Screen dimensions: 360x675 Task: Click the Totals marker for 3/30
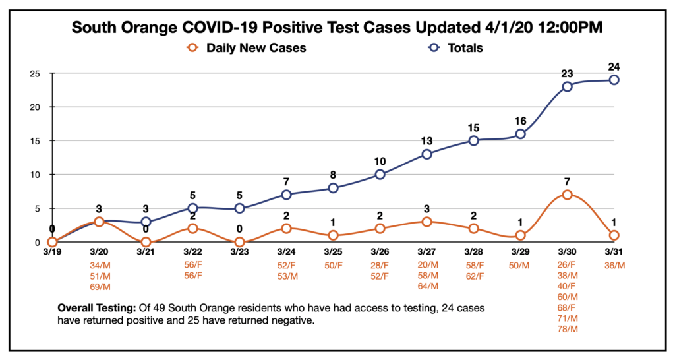(567, 86)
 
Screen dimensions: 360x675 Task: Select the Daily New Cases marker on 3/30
(567, 195)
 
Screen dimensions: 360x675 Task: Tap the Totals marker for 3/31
(614, 80)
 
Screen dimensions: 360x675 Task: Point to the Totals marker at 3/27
(426, 154)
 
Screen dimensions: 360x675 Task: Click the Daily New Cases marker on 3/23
(239, 242)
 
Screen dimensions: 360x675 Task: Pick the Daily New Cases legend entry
(248, 48)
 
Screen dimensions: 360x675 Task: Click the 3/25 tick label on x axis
(333, 253)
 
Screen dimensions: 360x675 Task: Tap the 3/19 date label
(52, 253)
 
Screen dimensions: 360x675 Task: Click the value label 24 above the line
(614, 66)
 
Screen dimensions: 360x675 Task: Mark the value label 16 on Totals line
(520, 120)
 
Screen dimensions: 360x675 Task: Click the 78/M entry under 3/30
(567, 328)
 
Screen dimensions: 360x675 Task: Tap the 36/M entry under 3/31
(614, 265)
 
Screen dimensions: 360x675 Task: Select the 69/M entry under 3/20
(99, 286)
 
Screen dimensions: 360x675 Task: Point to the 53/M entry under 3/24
(286, 276)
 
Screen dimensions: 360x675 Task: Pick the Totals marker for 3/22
(192, 208)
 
